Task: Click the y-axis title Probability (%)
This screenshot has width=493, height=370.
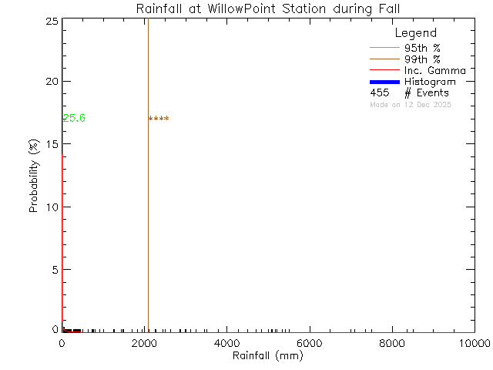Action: coord(34,176)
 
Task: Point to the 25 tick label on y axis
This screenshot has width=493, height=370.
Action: coord(51,21)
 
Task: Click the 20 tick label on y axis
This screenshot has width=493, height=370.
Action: coord(51,82)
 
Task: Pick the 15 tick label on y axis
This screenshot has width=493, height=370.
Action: coord(51,144)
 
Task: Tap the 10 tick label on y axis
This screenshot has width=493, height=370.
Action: coord(51,207)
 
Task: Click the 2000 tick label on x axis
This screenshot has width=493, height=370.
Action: coord(144,343)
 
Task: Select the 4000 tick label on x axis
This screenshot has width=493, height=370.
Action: coord(226,343)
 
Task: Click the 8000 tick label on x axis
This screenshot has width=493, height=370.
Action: coord(392,343)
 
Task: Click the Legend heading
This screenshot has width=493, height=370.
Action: coord(415,34)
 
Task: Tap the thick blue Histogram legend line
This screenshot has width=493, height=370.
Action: coord(383,82)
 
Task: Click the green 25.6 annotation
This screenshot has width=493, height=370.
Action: coord(74,118)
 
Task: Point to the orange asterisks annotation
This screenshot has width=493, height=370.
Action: coord(159,119)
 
